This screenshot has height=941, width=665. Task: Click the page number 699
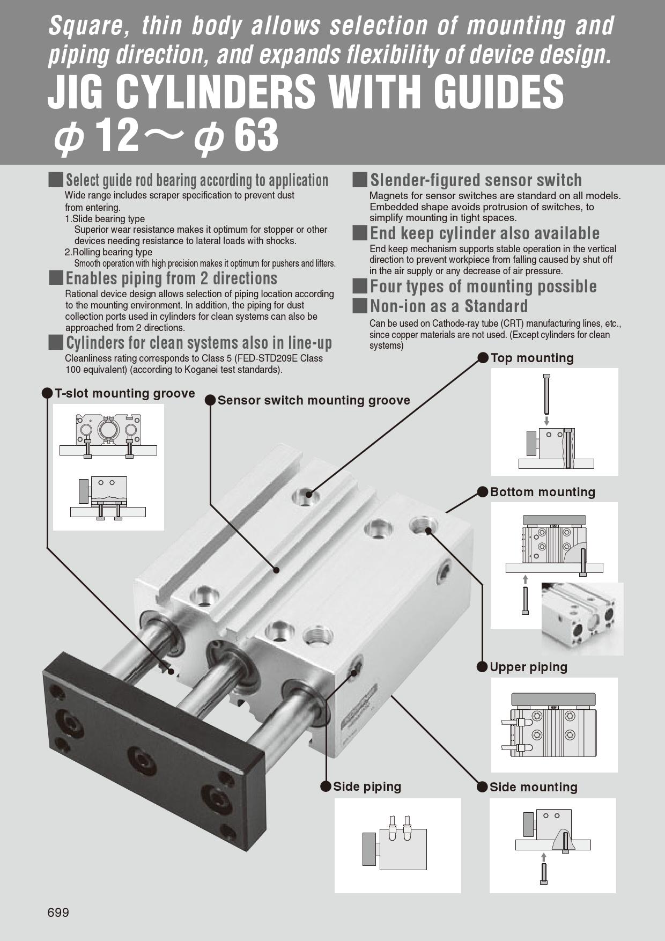pyautogui.click(x=58, y=913)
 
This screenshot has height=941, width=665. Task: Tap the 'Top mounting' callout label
pyautogui.click(x=531, y=358)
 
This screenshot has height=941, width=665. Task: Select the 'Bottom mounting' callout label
pyautogui.click(x=542, y=492)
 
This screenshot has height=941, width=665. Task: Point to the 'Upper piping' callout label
pyautogui.click(x=528, y=667)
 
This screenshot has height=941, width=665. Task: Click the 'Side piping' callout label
pyautogui.click(x=367, y=786)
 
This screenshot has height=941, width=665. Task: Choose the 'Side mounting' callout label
pyautogui.click(x=533, y=787)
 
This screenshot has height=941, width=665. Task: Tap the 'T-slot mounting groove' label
pyautogui.click(x=124, y=393)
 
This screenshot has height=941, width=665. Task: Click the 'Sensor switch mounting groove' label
pyautogui.click(x=314, y=400)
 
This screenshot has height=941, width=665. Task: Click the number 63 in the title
pyautogui.click(x=256, y=135)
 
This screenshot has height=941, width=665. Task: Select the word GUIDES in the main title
pyautogui.click(x=499, y=92)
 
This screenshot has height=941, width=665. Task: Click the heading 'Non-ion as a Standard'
pyautogui.click(x=449, y=306)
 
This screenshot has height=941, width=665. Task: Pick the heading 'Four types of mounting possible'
pyautogui.click(x=483, y=286)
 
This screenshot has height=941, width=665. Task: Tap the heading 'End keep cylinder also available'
pyautogui.click(x=485, y=233)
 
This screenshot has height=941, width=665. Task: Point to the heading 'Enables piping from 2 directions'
pyautogui.click(x=171, y=278)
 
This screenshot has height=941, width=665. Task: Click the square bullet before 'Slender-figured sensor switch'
pyautogui.click(x=360, y=180)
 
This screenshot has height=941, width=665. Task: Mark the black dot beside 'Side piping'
pyautogui.click(x=326, y=786)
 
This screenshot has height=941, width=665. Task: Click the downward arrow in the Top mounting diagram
pyautogui.click(x=546, y=421)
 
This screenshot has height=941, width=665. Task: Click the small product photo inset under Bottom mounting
pyautogui.click(x=582, y=619)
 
